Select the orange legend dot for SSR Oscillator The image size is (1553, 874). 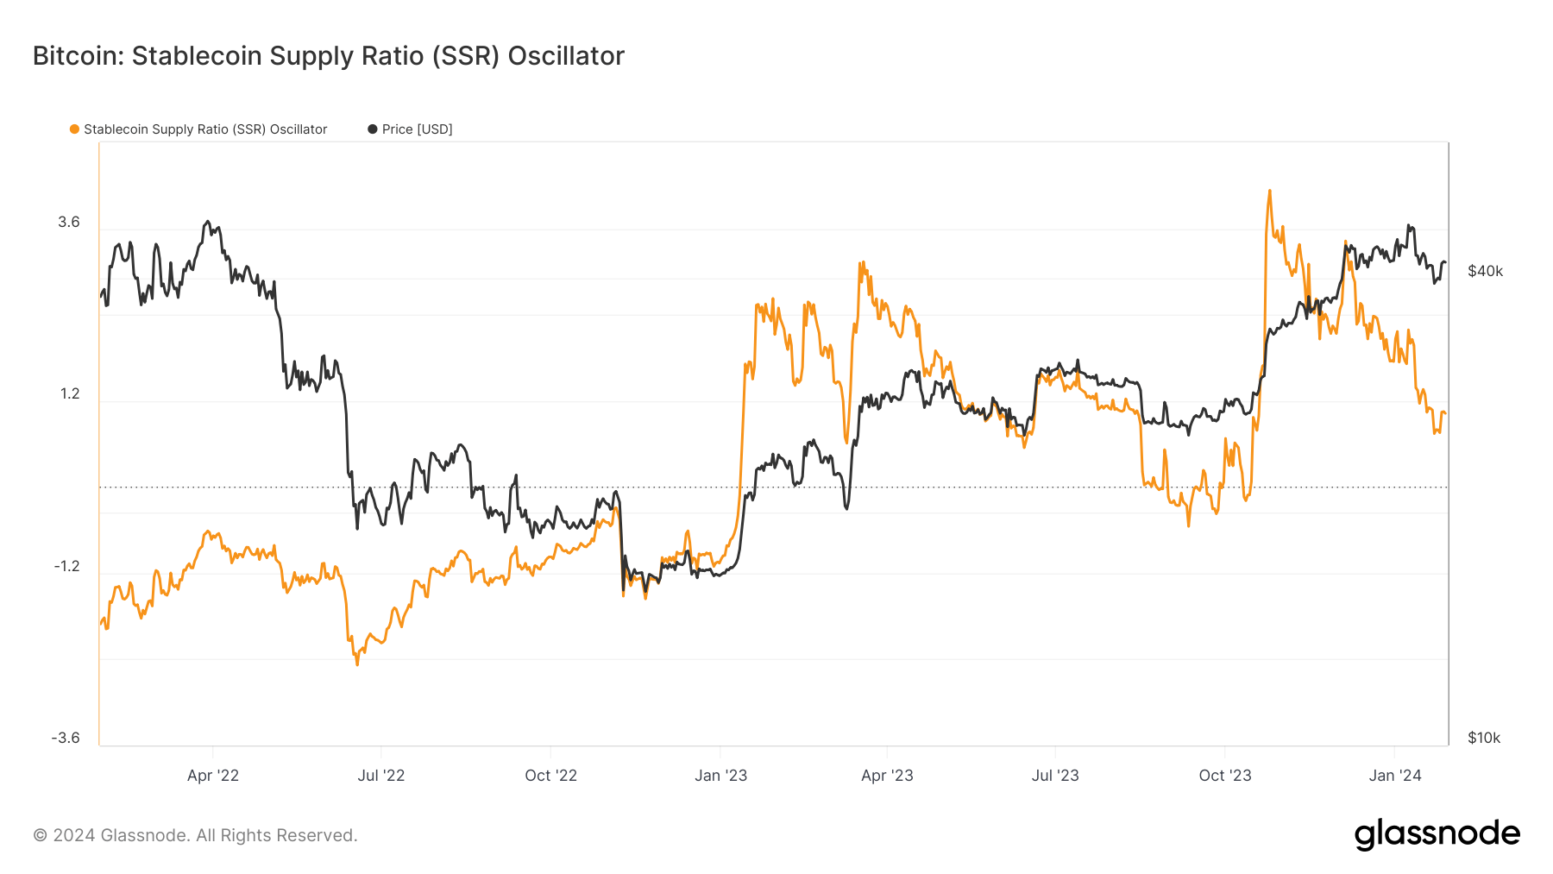(75, 129)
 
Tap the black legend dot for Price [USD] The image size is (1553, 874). (373, 129)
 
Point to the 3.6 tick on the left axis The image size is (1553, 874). (69, 223)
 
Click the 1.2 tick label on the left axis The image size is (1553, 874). (69, 394)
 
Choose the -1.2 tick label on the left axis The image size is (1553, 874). (66, 566)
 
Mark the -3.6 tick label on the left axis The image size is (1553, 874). (66, 738)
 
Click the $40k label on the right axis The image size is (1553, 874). (1485, 271)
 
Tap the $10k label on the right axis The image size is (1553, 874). (1484, 738)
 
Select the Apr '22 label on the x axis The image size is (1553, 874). (213, 776)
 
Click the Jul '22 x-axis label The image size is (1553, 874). (381, 776)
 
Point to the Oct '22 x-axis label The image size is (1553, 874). (550, 776)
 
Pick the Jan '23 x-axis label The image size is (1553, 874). (720, 776)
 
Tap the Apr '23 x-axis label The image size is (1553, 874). (887, 776)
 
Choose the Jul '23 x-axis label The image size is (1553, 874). (1055, 776)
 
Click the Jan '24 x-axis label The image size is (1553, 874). (1395, 776)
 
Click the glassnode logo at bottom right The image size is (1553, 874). (1437, 834)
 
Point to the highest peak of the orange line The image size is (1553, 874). (1269, 191)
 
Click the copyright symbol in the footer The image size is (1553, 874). (41, 835)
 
